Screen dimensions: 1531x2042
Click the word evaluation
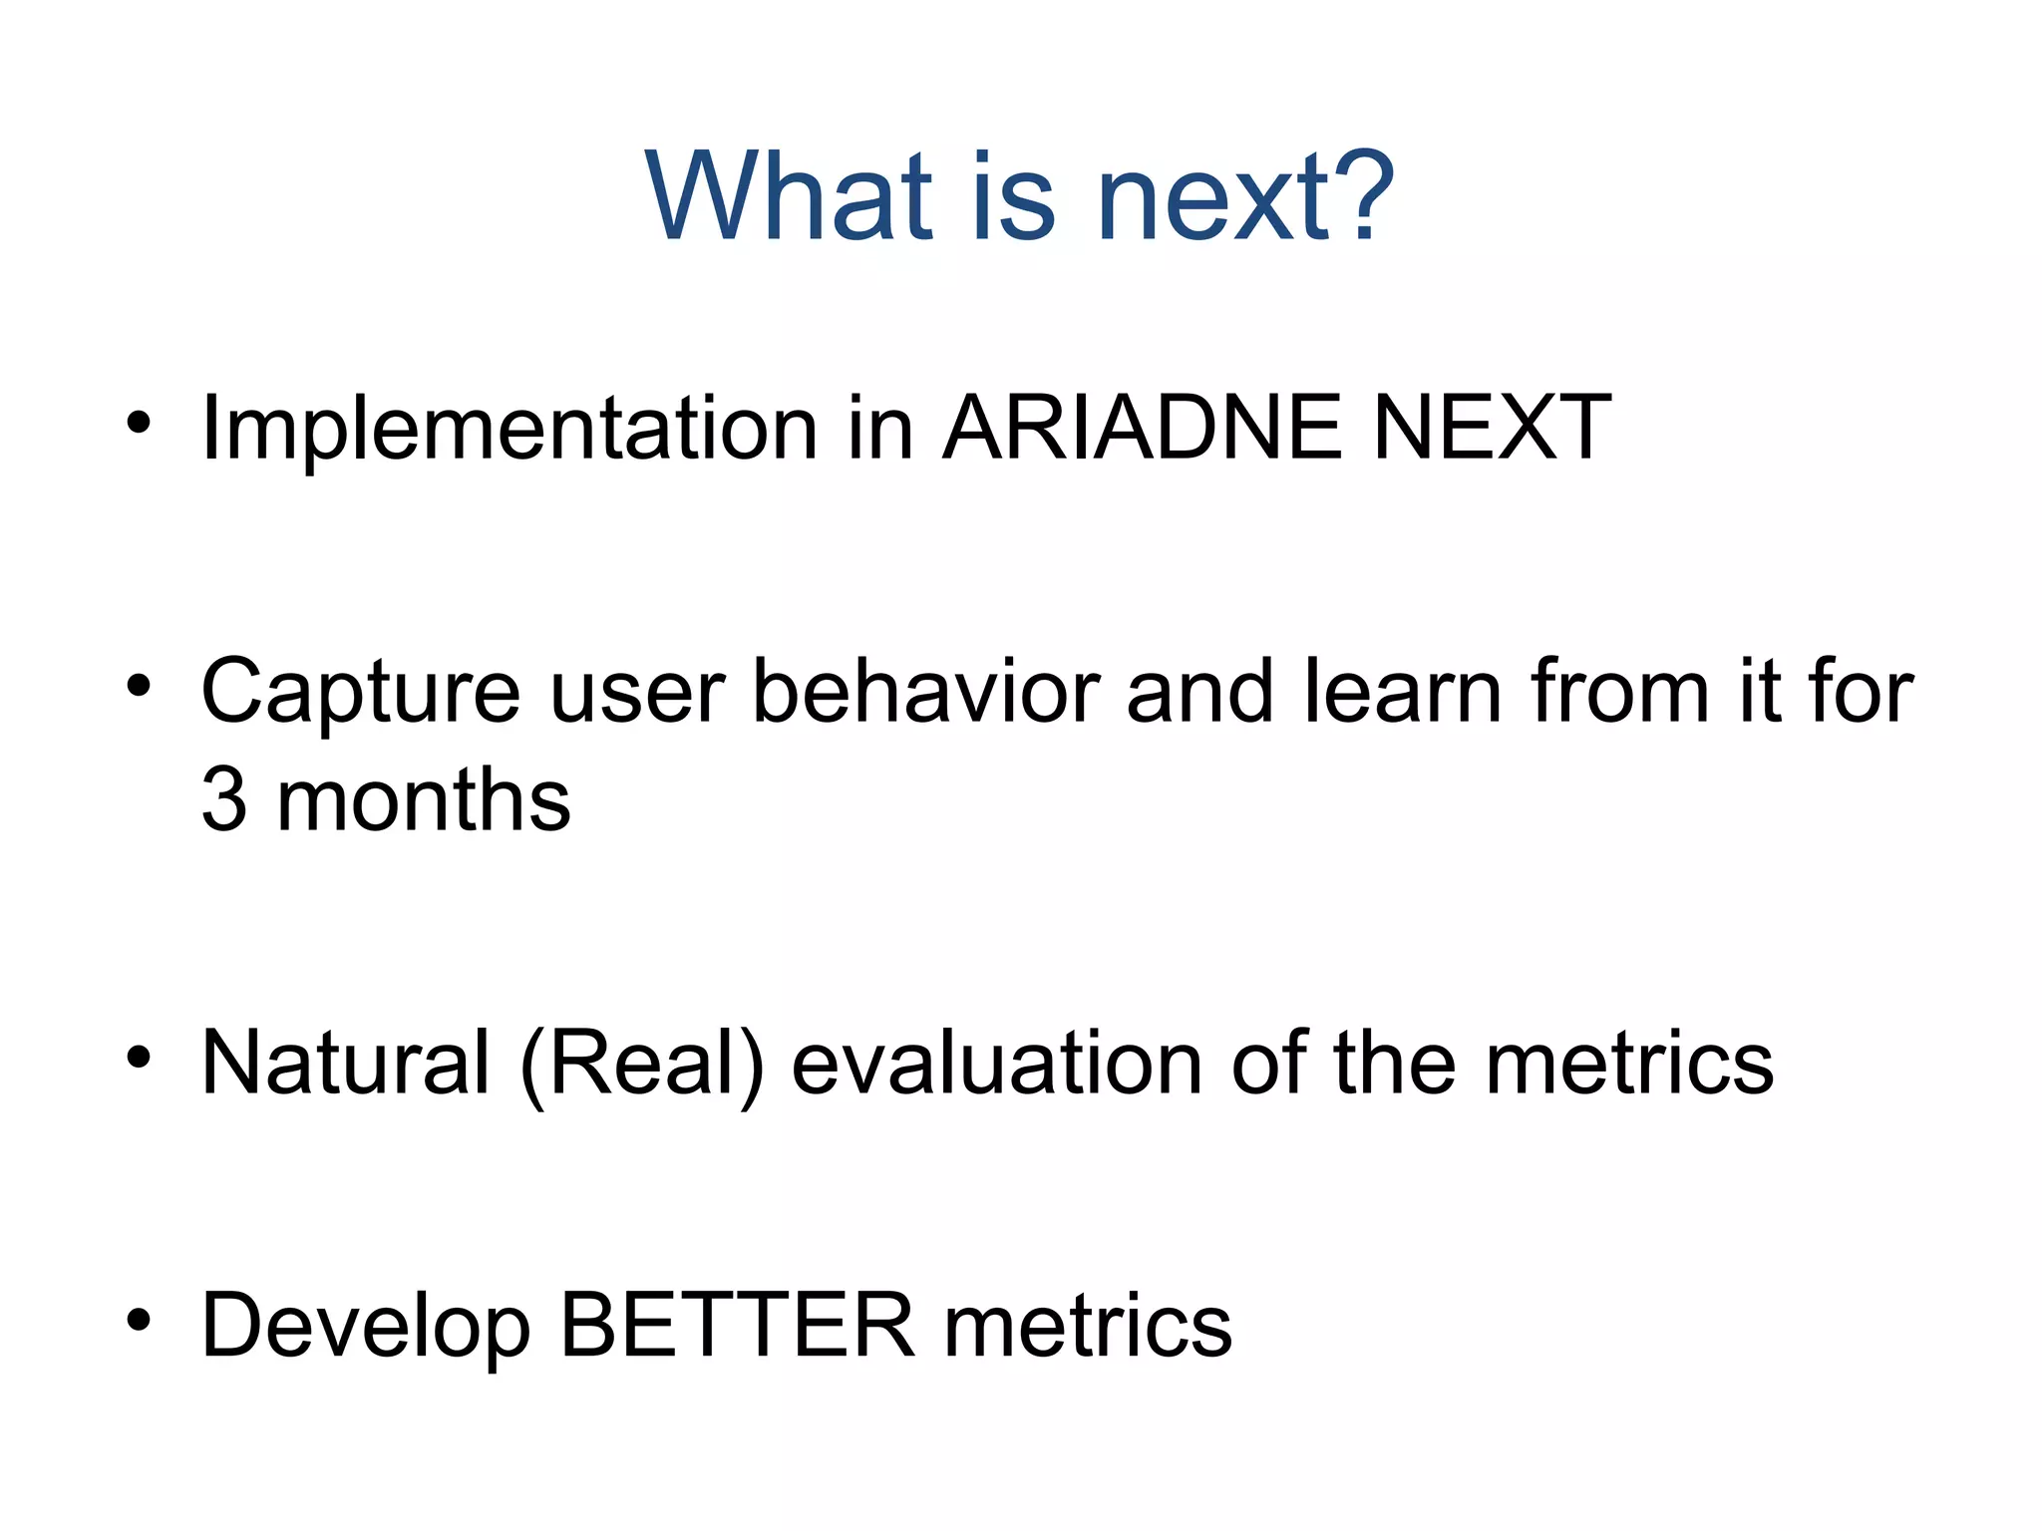pyautogui.click(x=997, y=1064)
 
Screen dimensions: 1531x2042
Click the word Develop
pyautogui.click(x=366, y=1328)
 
